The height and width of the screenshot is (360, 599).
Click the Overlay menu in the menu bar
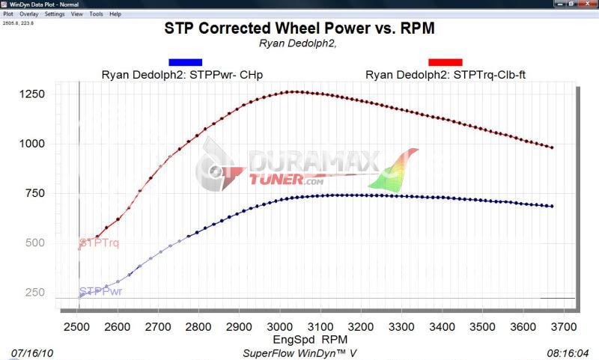point(29,14)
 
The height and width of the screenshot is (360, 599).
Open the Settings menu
point(55,14)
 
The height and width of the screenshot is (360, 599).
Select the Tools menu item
point(97,14)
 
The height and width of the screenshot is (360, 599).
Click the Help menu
point(115,14)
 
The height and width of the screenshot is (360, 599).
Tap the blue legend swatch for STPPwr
point(185,62)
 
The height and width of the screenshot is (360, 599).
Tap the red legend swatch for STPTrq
point(445,62)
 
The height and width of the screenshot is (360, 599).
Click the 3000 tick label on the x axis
point(278,327)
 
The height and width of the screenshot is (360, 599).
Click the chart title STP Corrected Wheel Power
point(299,28)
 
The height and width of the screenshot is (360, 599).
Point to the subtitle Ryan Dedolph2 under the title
point(299,43)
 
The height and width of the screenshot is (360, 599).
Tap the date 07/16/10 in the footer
point(32,352)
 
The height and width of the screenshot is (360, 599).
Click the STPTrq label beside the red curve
point(99,243)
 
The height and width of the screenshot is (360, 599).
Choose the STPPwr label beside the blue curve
point(100,291)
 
